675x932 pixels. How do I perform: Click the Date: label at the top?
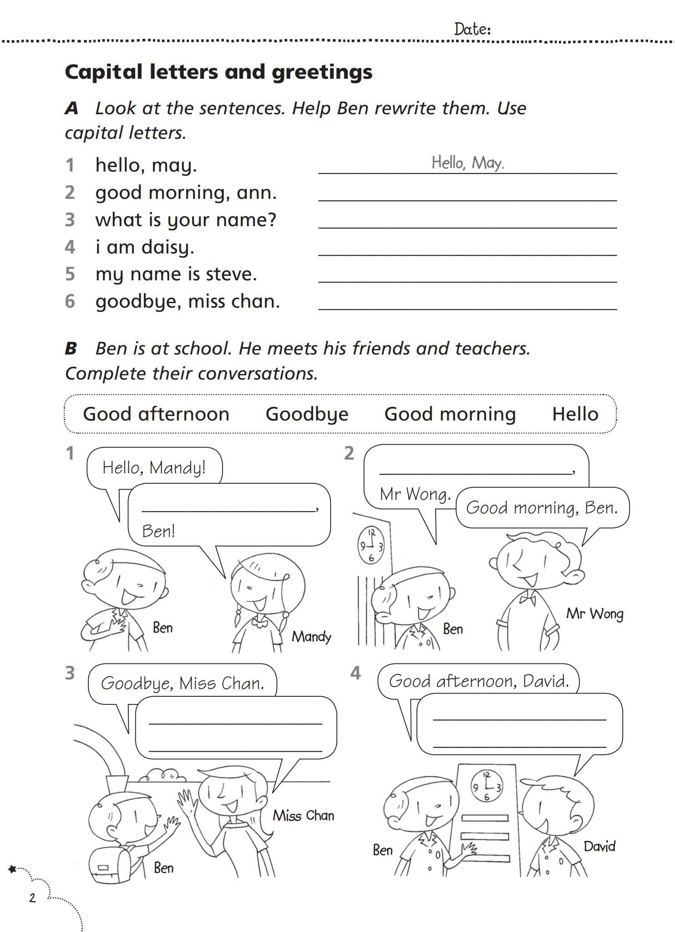(x=472, y=30)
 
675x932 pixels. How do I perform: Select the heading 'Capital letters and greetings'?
(x=218, y=72)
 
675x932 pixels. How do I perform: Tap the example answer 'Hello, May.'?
(x=467, y=162)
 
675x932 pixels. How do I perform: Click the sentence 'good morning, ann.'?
(x=186, y=192)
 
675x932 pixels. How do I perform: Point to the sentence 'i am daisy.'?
(x=145, y=247)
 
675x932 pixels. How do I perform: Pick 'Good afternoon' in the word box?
(x=156, y=414)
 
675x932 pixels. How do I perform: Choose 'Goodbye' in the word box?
(x=307, y=414)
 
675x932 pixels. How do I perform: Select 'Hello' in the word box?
(x=575, y=414)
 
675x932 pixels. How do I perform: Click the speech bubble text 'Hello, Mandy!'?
(x=154, y=467)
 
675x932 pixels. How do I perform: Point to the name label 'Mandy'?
(x=311, y=636)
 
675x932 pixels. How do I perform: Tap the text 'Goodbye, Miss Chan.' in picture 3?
(x=183, y=683)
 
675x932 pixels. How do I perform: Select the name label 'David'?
(x=599, y=846)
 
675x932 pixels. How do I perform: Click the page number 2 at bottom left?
(x=32, y=898)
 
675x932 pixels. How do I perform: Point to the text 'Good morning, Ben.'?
(x=542, y=507)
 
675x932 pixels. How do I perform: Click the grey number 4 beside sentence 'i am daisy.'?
(x=70, y=247)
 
